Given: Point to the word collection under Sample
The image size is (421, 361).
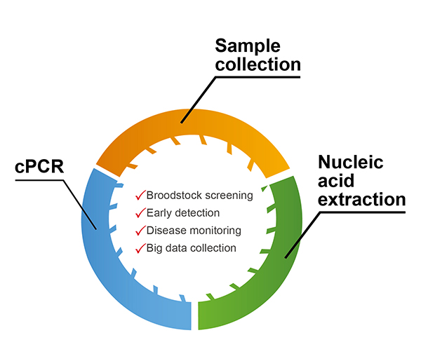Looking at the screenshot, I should [258, 65].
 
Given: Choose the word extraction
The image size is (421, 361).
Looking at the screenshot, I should [361, 200].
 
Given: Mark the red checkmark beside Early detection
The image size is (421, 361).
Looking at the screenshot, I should [140, 212].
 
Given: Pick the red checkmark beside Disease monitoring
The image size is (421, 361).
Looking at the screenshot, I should [140, 230].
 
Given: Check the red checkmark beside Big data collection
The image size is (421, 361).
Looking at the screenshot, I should [140, 247].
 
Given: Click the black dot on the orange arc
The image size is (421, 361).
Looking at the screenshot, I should [182, 122].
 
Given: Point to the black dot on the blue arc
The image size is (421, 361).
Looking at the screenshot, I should [96, 226].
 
